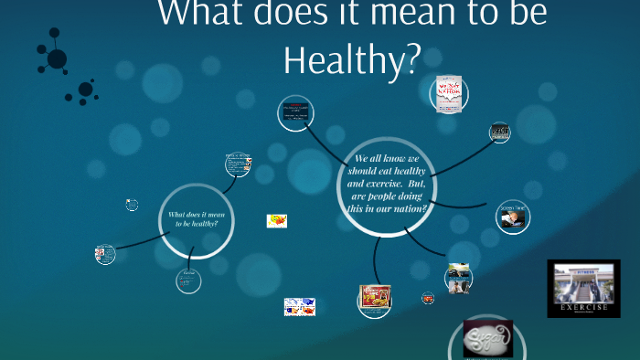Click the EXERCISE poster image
click(583, 289)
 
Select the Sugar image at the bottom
click(487, 338)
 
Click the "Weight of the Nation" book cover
click(448, 94)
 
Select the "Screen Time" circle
click(512, 217)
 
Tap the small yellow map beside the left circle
click(276, 220)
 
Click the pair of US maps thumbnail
click(299, 306)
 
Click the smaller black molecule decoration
click(86, 90)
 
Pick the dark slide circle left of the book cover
click(296, 115)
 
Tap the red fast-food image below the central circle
click(375, 298)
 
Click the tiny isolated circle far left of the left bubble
click(132, 205)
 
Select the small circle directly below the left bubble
click(188, 281)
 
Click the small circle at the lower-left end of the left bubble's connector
click(105, 254)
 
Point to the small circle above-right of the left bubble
click(238, 164)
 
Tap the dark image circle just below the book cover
click(499, 132)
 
